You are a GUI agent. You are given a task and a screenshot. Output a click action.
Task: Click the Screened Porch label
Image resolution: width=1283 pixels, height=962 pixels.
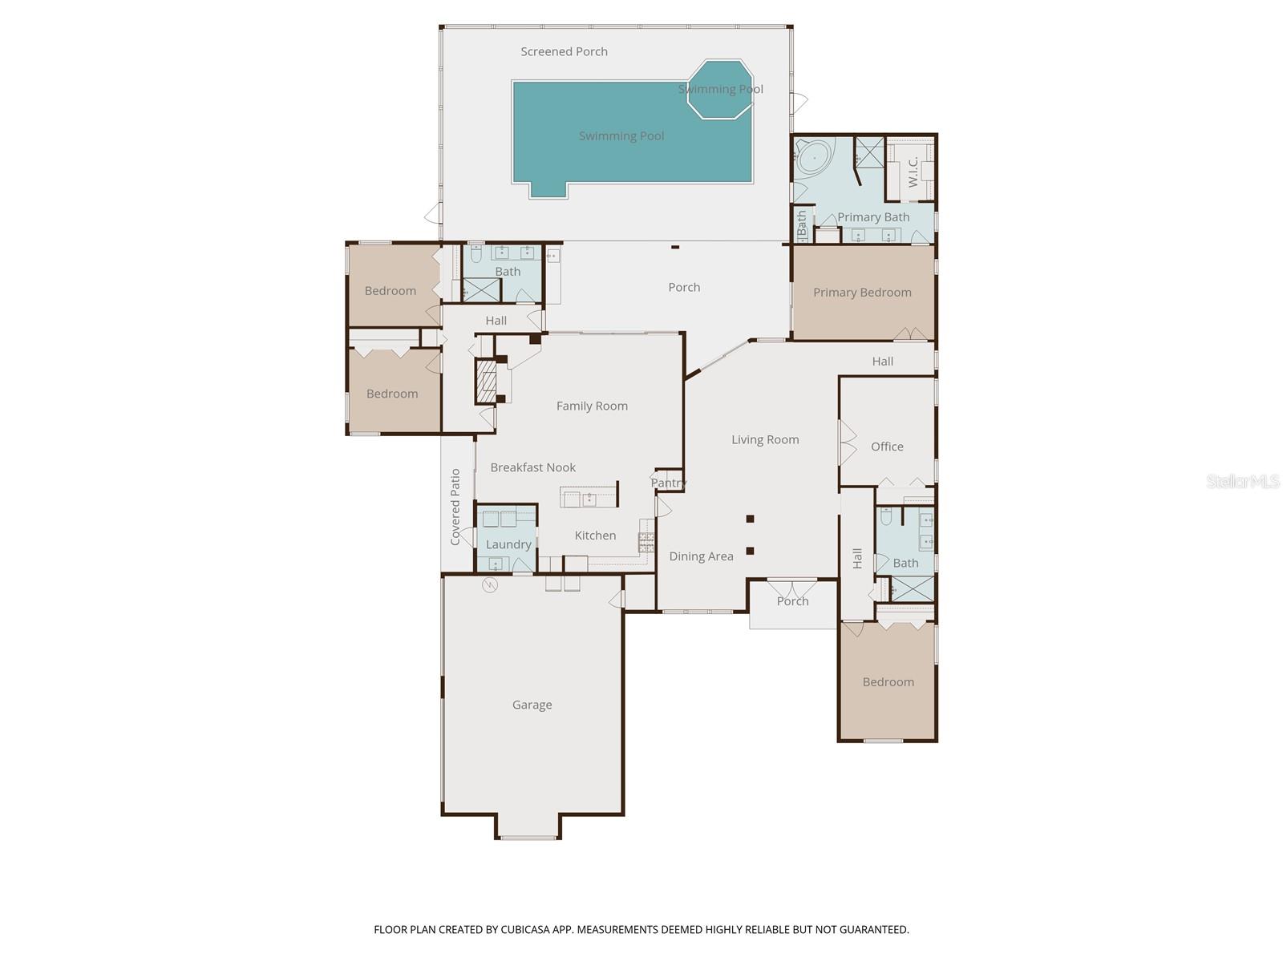click(564, 52)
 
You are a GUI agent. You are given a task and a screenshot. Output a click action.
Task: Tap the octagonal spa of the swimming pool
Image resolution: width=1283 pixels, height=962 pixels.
click(719, 89)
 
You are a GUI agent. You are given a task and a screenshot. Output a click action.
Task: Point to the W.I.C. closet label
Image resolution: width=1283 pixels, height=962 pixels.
click(913, 172)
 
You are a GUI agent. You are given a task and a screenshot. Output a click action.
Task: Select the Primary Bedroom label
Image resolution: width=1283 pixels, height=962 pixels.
click(862, 293)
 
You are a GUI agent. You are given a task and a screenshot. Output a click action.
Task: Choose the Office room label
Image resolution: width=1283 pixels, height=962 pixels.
click(887, 447)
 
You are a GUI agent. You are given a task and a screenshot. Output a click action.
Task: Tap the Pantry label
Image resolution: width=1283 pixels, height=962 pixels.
click(668, 483)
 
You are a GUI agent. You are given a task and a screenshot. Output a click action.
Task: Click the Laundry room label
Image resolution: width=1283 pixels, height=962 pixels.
click(508, 544)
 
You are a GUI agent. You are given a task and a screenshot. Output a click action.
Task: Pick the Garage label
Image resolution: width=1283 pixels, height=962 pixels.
click(532, 705)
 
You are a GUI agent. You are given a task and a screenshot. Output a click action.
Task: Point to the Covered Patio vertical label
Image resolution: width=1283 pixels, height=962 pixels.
click(455, 507)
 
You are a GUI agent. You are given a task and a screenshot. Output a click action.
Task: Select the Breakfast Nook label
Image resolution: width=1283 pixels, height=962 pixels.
click(533, 467)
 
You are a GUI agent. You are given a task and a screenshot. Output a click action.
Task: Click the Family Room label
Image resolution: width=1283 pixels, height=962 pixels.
click(592, 406)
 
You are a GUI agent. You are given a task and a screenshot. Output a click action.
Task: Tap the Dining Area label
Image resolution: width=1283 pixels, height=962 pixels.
click(701, 556)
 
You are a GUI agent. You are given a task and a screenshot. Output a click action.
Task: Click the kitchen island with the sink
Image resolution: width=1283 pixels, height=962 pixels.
click(589, 497)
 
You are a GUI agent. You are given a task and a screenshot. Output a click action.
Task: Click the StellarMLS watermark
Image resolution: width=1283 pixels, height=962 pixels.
click(1241, 482)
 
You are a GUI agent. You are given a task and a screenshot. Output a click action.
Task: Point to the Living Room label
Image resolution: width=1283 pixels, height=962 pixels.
click(765, 439)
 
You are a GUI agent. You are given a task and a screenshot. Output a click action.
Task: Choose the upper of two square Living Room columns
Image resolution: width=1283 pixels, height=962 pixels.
click(751, 519)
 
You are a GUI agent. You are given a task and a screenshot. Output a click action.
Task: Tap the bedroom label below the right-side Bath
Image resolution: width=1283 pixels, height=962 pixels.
click(888, 682)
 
